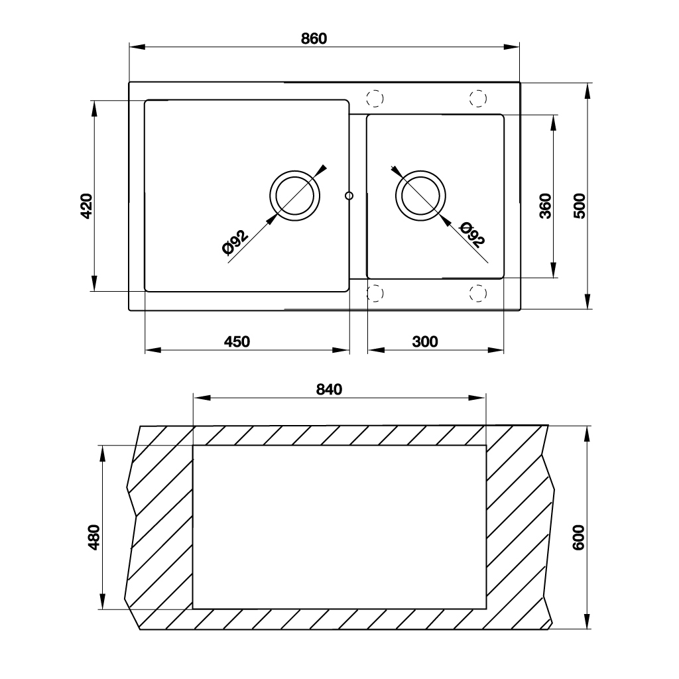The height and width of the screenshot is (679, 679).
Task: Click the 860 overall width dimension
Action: click(314, 38)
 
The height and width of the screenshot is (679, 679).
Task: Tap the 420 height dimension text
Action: click(87, 206)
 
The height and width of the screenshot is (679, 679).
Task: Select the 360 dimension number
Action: click(546, 206)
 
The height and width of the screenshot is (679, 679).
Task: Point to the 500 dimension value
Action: click(580, 206)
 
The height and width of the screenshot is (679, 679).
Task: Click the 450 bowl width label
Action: click(237, 341)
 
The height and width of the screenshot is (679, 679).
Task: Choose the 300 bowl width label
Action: click(425, 341)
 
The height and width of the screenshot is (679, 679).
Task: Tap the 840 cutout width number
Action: click(329, 389)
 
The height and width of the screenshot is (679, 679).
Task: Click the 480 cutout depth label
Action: click(93, 537)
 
